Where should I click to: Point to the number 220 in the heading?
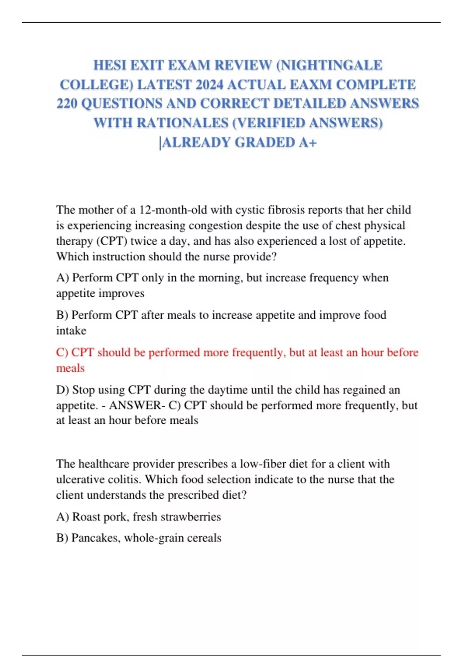click(67, 103)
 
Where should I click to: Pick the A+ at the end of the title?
click(308, 142)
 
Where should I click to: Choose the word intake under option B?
click(71, 331)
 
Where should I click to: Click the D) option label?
click(63, 390)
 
